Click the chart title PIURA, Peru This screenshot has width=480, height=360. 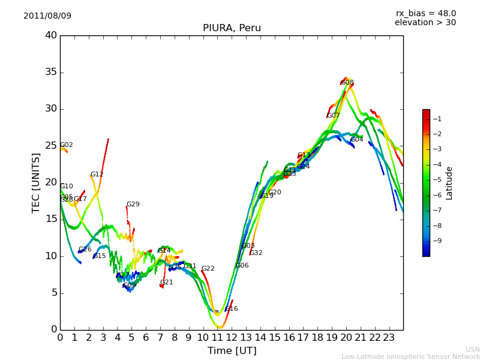pyautogui.click(x=232, y=28)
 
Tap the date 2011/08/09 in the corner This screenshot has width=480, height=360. pyautogui.click(x=47, y=16)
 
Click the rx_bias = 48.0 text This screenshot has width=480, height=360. pyautogui.click(x=425, y=14)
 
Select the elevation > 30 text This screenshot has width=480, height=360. pyautogui.click(x=425, y=23)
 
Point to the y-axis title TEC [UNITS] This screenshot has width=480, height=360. pyautogui.click(x=36, y=182)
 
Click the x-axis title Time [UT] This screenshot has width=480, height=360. pyautogui.click(x=232, y=351)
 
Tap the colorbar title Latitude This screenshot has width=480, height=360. pyautogui.click(x=449, y=183)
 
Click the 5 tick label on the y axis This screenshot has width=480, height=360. pyautogui.click(x=53, y=293)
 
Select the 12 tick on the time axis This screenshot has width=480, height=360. pyautogui.click(x=232, y=338)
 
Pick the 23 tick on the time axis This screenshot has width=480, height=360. pyautogui.click(x=389, y=338)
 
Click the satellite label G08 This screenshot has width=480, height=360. pyautogui.click(x=347, y=83)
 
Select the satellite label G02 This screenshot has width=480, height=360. pyautogui.click(x=67, y=145)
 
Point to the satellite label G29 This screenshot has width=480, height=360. pyautogui.click(x=133, y=205)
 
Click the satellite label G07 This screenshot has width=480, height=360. pyautogui.click(x=334, y=116)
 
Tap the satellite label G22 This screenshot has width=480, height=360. pyautogui.click(x=208, y=269)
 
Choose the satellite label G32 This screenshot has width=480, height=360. pyautogui.click(x=256, y=253)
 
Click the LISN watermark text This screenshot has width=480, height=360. pyautogui.click(x=472, y=349)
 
